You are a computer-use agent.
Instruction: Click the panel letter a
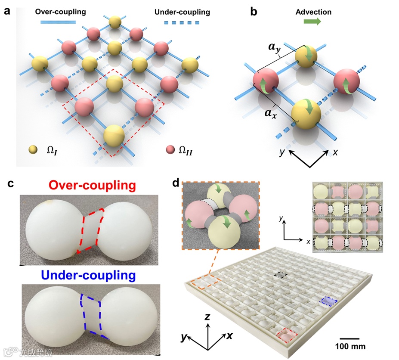pyautogui.click(x=7, y=11)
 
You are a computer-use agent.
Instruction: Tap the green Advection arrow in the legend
pyautogui.click(x=312, y=22)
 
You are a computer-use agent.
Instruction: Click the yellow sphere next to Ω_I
pyautogui.click(x=32, y=150)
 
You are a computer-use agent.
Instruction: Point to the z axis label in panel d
pyautogui.click(x=207, y=317)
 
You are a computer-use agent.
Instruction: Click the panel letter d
pyautogui.click(x=176, y=183)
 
